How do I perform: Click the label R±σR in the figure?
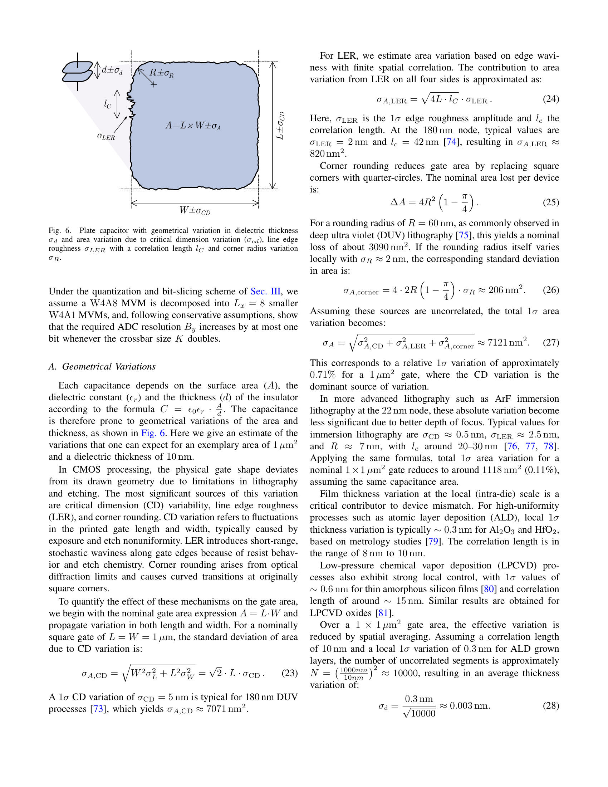pos(162,73)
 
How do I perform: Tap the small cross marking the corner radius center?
pos(154,85)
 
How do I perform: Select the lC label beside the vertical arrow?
pos(108,104)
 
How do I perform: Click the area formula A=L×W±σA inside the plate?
pos(193,126)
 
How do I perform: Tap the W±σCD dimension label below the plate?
pos(195,210)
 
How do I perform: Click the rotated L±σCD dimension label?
pos(280,126)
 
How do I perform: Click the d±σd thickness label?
pos(112,70)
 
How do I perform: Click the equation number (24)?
pos(551,99)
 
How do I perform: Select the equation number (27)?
pos(551,342)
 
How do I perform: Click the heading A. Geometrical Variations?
pos(102,366)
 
